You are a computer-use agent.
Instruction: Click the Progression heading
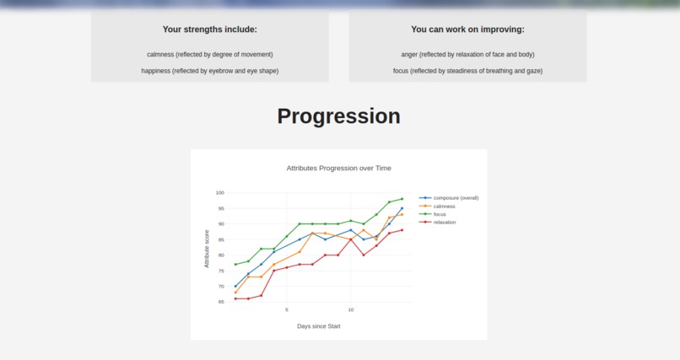[x=338, y=116]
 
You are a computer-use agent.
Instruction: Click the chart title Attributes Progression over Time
[x=338, y=168]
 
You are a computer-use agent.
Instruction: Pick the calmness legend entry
[x=444, y=206]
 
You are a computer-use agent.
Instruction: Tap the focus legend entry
[x=440, y=214]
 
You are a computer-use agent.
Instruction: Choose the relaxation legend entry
[x=445, y=222]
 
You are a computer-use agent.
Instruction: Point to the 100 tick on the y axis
[x=219, y=193]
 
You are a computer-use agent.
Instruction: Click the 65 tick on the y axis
[x=220, y=301]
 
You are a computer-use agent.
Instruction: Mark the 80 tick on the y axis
[x=220, y=255]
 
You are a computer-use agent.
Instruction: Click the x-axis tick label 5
[x=287, y=309]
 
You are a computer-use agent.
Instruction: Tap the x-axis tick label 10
[x=351, y=309]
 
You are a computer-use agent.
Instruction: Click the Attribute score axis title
[x=207, y=249]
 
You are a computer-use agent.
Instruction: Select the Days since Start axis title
[x=318, y=325]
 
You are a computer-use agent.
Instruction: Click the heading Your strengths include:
[x=210, y=30]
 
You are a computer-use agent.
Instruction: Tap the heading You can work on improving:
[x=467, y=30]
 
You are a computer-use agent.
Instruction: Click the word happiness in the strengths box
[x=156, y=71]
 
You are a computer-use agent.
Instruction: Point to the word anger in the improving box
[x=410, y=55]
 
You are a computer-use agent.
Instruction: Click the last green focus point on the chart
[x=402, y=199]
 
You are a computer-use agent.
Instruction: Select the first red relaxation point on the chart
[x=235, y=298]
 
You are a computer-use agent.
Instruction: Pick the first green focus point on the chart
[x=235, y=265]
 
